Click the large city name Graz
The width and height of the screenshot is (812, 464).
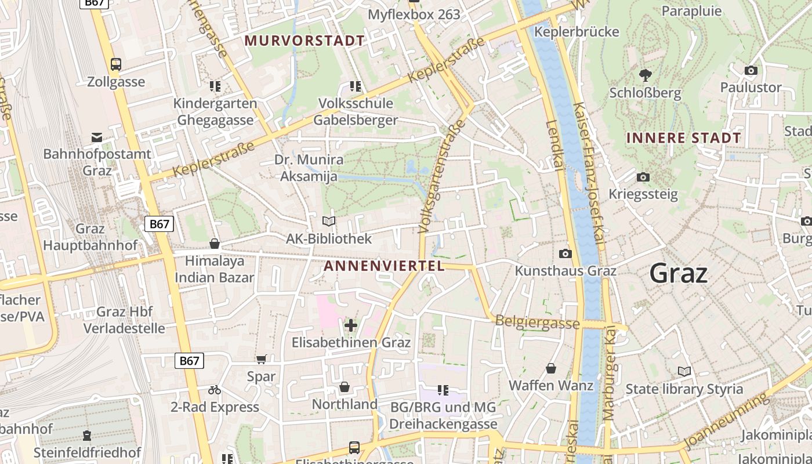pos(678,273)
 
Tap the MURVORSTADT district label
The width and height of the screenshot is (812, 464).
pos(304,41)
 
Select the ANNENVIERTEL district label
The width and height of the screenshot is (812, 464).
pos(384,266)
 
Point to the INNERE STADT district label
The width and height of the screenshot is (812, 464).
pos(684,138)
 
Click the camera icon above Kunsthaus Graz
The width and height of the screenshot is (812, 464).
pos(565,253)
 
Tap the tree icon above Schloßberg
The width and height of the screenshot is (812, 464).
pos(644,75)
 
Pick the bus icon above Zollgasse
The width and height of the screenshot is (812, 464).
pos(116,64)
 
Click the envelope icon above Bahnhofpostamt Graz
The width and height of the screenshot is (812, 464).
pos(97,137)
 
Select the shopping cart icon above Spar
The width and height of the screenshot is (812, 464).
pos(261,360)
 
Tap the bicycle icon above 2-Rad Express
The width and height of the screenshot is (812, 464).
pos(215,390)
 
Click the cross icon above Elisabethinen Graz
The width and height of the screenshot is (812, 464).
pos(351,325)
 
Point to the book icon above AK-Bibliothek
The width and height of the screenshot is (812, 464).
pos(329,221)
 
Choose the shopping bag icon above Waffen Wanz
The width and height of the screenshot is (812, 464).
pos(550,368)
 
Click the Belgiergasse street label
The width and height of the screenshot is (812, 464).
pos(536,322)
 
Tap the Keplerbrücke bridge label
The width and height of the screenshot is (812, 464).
pos(577,31)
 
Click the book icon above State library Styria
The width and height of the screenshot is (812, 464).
pos(684,371)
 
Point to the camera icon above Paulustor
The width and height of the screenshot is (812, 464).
pos(751,70)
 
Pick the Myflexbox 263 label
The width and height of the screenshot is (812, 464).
pos(414,14)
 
